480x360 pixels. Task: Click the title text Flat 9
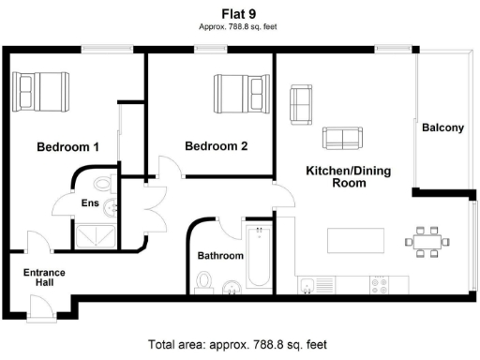tap(240, 15)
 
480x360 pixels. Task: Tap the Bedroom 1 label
tap(67, 147)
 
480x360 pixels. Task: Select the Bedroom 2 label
tap(216, 146)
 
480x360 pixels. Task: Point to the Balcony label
tap(442, 127)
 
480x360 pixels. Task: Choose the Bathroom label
tap(220, 256)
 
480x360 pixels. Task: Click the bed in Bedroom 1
tap(43, 91)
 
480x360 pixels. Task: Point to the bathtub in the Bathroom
tap(257, 257)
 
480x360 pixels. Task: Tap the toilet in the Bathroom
tap(205, 280)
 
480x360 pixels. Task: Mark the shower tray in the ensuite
tap(97, 234)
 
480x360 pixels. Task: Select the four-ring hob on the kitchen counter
tap(380, 283)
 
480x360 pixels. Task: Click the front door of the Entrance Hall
tap(40, 306)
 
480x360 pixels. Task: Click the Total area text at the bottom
tap(240, 345)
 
